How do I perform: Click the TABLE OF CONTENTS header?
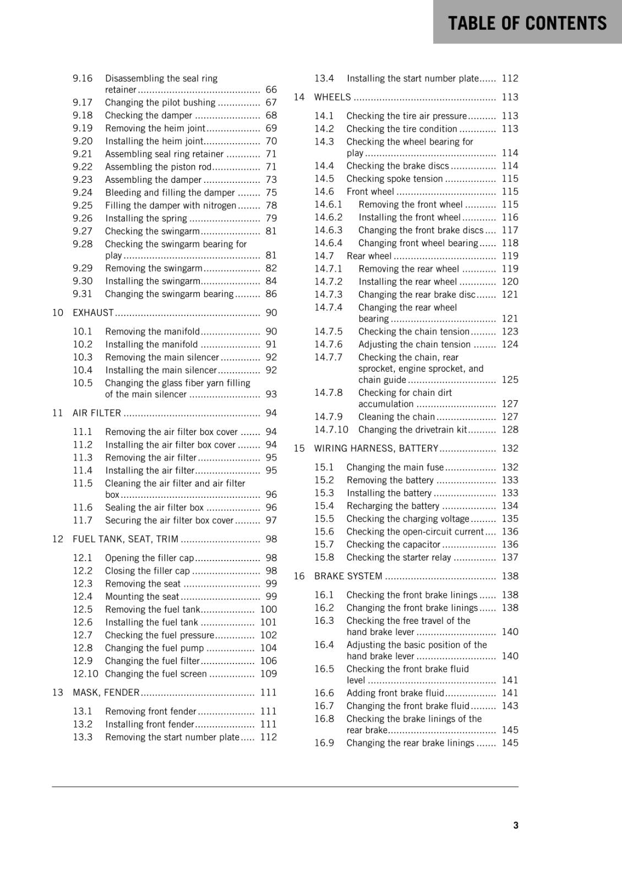click(527, 23)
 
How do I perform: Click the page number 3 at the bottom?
click(515, 825)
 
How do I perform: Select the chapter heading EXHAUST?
click(93, 313)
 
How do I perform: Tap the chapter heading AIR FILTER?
click(97, 413)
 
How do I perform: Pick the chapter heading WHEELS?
click(332, 97)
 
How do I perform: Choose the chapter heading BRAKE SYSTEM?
click(348, 576)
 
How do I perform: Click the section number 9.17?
click(83, 102)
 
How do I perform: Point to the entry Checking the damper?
click(149, 116)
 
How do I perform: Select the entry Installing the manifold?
click(151, 345)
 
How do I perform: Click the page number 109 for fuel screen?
click(268, 674)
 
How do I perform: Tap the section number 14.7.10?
click(331, 430)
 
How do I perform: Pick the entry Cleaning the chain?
click(396, 417)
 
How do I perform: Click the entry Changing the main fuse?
click(395, 467)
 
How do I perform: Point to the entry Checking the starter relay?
click(399, 558)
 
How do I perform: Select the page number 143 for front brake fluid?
click(510, 706)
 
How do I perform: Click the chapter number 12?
click(58, 539)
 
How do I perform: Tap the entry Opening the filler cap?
click(149, 558)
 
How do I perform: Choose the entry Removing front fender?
click(151, 711)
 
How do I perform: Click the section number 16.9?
click(324, 743)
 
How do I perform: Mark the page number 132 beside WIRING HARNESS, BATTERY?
click(510, 449)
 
